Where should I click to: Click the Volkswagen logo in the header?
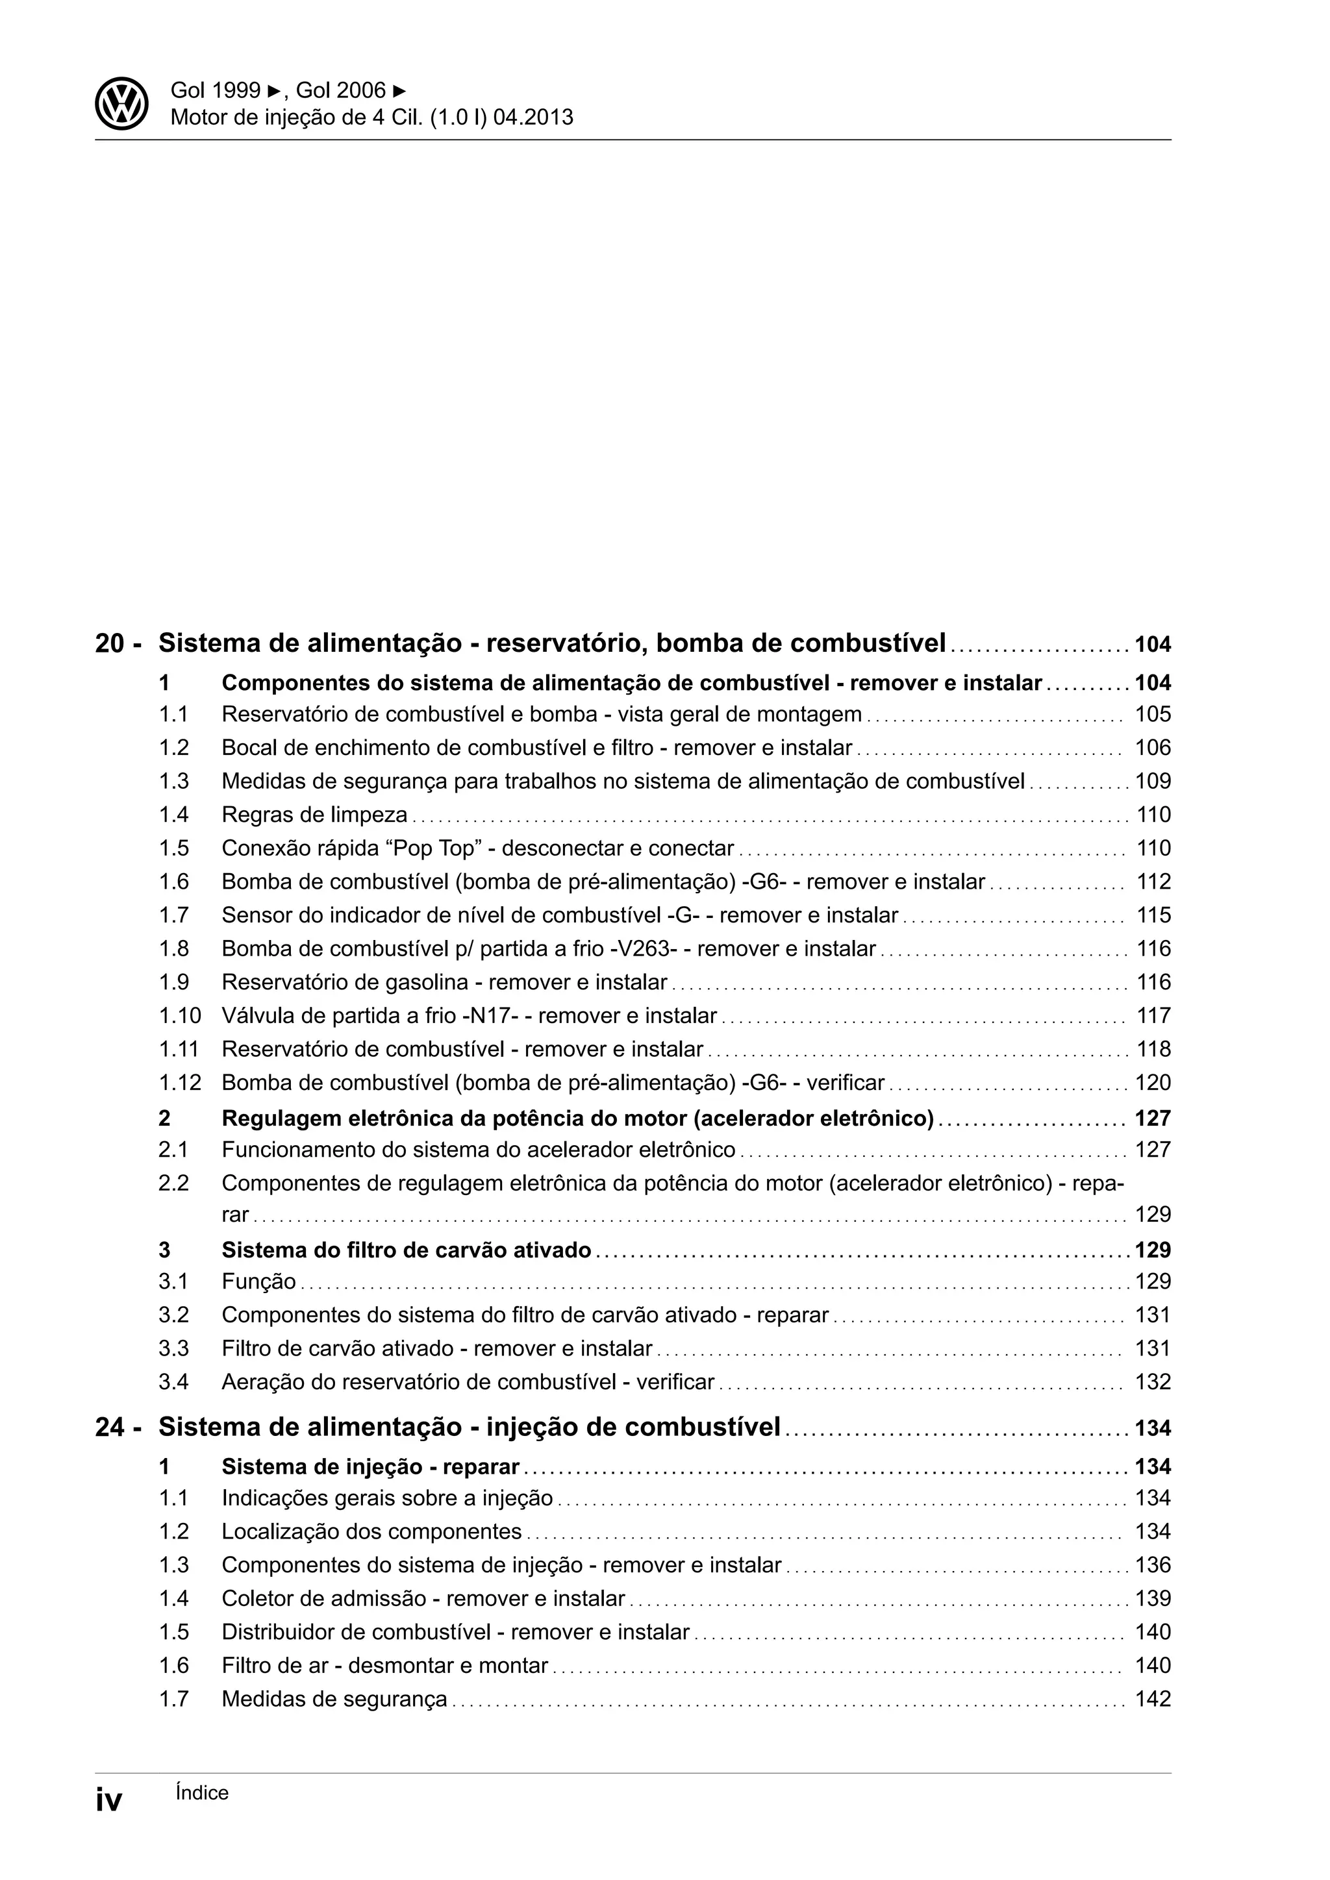pos(121,104)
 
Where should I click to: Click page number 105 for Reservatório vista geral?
pos(1152,715)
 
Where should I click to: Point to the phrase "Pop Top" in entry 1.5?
pos(436,848)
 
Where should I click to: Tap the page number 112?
pos(1153,882)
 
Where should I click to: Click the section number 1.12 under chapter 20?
pos(179,1083)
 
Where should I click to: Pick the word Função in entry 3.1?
pos(258,1281)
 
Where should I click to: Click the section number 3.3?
pos(173,1348)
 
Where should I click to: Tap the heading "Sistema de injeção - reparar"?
pos(370,1466)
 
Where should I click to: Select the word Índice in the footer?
pos(202,1792)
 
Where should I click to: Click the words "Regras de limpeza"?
pos(314,815)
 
